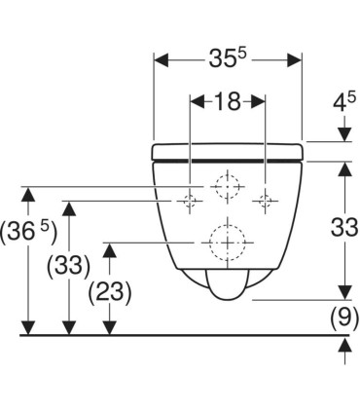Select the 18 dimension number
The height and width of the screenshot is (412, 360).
click(x=227, y=101)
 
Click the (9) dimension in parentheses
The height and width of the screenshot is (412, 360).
click(x=342, y=317)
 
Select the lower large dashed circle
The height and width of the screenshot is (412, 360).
click(x=228, y=239)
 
